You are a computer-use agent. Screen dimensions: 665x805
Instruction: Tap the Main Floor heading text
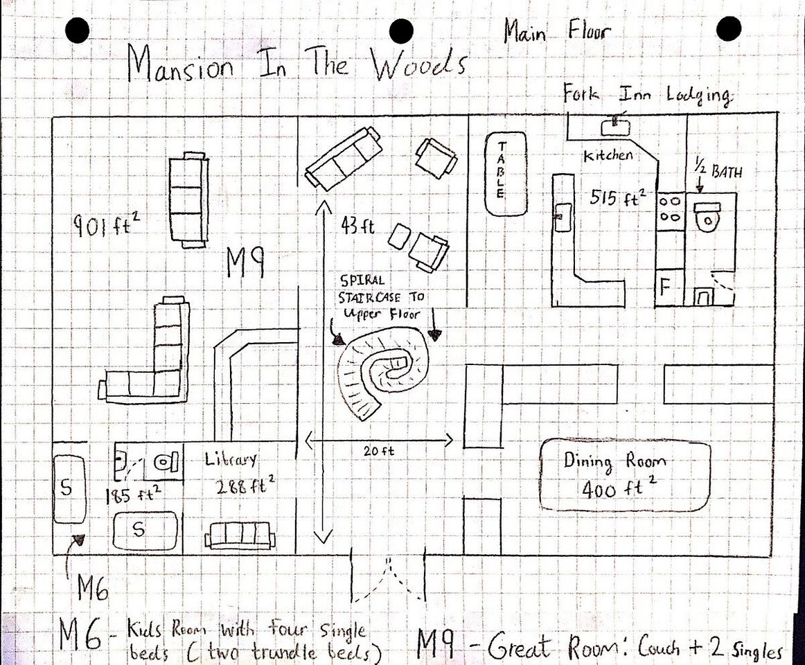(x=558, y=33)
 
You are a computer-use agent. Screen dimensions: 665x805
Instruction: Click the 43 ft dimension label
(x=358, y=225)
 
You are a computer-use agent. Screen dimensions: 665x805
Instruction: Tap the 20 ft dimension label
(x=379, y=451)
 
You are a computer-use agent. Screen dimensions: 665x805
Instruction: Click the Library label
(x=231, y=459)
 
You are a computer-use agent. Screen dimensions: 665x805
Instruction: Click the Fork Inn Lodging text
(x=646, y=95)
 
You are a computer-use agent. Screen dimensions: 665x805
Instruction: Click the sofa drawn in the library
(x=239, y=535)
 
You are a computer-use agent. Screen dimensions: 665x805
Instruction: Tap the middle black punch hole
(x=402, y=30)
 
